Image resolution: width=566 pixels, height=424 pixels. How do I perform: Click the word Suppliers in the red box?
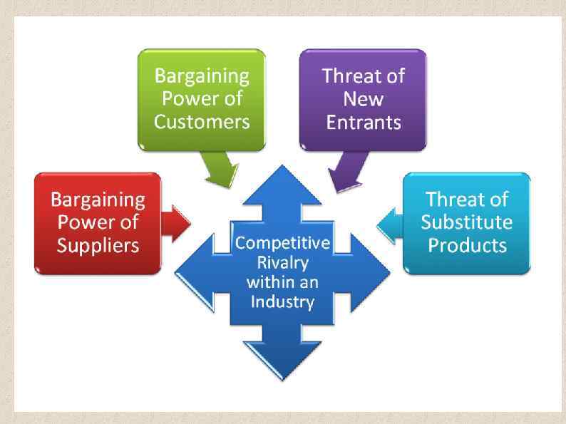pos(98,246)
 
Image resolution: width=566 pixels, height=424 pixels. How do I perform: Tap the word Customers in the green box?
pos(202,122)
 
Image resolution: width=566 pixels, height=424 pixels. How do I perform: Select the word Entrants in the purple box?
pos(364,122)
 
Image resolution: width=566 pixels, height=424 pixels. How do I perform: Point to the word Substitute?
pos(466,222)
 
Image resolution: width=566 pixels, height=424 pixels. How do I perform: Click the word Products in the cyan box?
pos(467,246)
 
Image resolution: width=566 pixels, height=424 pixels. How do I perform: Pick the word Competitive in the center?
pos(282,243)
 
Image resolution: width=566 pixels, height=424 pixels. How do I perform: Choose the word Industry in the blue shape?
pos(282,301)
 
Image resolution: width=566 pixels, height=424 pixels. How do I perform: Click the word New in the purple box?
pos(363,98)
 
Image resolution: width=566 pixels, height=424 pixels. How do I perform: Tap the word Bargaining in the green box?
pos(202,76)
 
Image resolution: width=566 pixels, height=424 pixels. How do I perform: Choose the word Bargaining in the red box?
pos(98,199)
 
